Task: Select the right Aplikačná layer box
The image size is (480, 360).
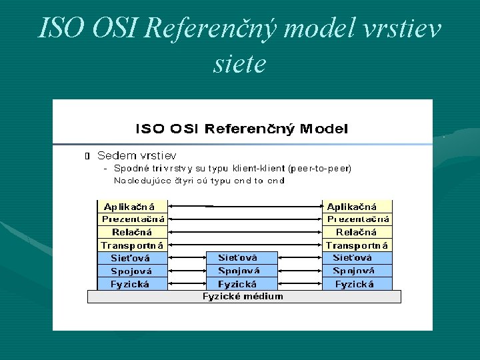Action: pyautogui.click(x=357, y=207)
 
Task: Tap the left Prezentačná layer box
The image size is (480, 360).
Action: pyautogui.click(x=132, y=219)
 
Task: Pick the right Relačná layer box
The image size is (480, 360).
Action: pyautogui.click(x=357, y=232)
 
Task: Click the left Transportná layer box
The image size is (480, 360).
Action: pyautogui.click(x=132, y=245)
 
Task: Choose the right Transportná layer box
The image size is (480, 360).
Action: pyautogui.click(x=357, y=245)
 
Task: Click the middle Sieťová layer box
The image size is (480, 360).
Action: pyautogui.click(x=239, y=258)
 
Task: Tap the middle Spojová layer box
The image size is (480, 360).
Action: pyautogui.click(x=239, y=271)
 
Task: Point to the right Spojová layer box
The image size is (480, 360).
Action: pyautogui.click(x=357, y=271)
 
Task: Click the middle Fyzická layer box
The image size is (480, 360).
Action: pyautogui.click(x=239, y=284)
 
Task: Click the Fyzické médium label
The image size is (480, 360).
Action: pyautogui.click(x=243, y=297)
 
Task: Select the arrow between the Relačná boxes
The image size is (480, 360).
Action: pyautogui.click(x=245, y=232)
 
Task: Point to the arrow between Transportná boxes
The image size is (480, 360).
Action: pyautogui.click(x=245, y=245)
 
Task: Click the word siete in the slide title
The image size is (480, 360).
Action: pyautogui.click(x=239, y=64)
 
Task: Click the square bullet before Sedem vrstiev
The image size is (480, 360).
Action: pyautogui.click(x=87, y=156)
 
